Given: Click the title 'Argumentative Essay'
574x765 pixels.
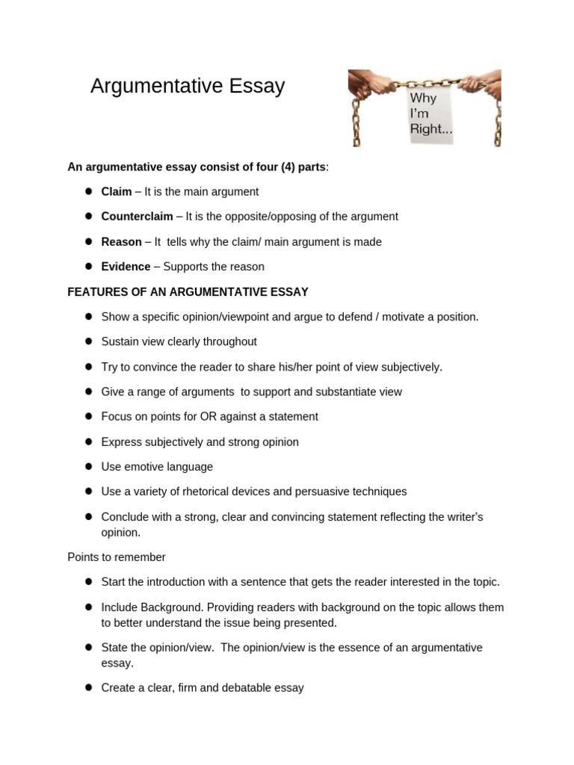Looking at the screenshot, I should [188, 87].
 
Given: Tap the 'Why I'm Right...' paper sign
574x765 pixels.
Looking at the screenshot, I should [430, 114].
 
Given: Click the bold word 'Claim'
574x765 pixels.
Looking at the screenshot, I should [116, 192].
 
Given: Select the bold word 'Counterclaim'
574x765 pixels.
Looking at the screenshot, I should [137, 217].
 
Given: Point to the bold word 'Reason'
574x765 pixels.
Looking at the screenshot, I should [121, 242].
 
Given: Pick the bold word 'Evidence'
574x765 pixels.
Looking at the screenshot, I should [126, 267].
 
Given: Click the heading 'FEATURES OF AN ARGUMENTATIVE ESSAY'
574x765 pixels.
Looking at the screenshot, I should [188, 291].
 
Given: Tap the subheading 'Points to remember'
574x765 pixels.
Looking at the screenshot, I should [117, 557].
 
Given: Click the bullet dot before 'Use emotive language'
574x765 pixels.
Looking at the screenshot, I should [87, 467].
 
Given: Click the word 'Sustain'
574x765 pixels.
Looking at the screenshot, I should [120, 341].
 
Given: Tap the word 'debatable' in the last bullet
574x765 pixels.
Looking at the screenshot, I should [250, 688].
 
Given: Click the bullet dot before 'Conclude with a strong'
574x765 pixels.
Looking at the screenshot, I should [87, 517].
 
